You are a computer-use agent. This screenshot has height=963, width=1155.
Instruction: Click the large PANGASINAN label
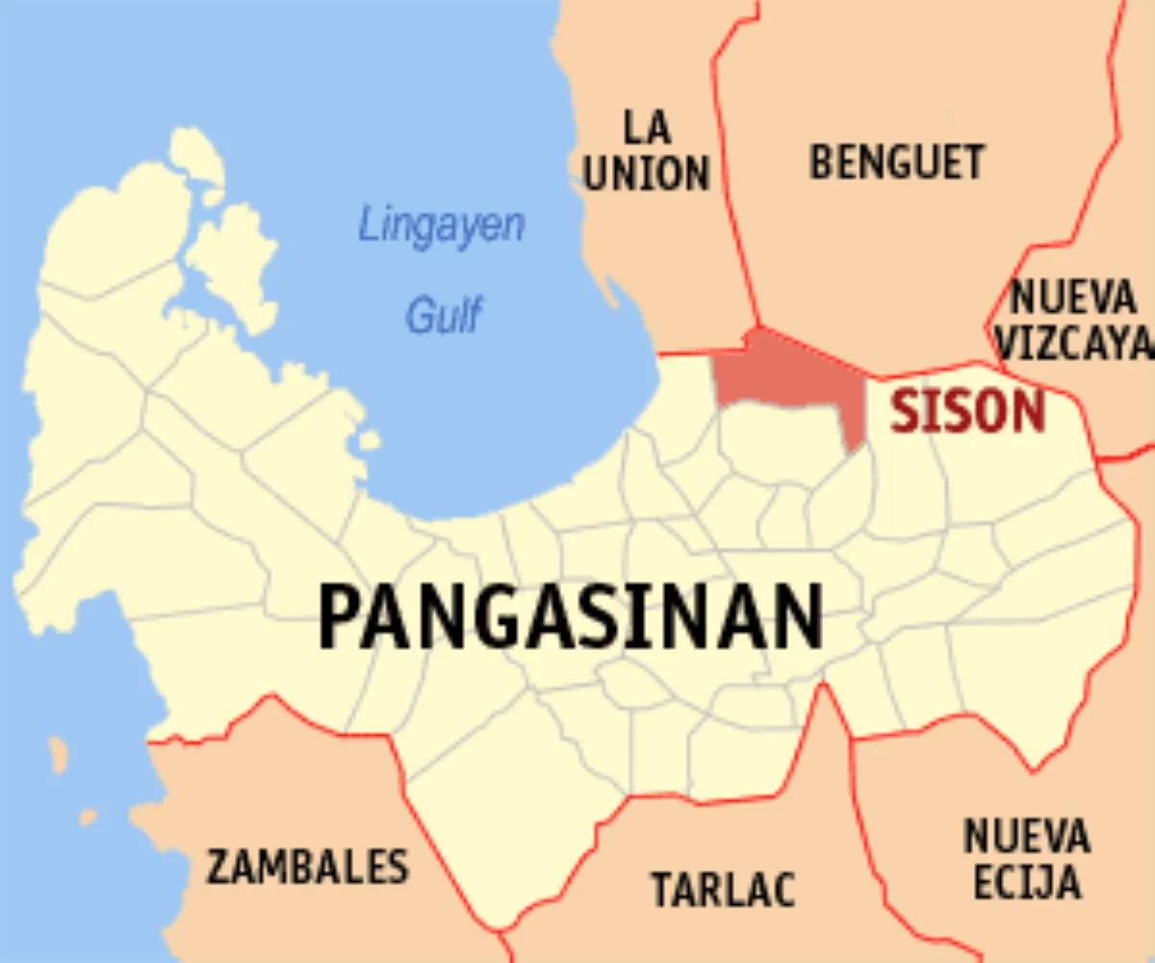(571, 617)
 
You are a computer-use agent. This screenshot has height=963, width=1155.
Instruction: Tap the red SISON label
(967, 411)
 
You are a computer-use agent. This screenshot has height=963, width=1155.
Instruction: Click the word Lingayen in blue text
(442, 225)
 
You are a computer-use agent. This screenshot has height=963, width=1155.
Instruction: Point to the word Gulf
(443, 315)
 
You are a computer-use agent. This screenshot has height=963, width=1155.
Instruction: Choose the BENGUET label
(897, 162)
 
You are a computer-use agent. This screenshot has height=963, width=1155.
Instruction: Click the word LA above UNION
(647, 126)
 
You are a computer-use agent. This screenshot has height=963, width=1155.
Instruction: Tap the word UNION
(647, 173)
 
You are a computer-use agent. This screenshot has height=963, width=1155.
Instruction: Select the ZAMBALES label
(307, 867)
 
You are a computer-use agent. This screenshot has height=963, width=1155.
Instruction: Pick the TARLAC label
(724, 888)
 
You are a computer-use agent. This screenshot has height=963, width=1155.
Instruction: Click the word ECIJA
(1027, 882)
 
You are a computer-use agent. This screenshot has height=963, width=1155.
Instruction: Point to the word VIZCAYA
(1073, 344)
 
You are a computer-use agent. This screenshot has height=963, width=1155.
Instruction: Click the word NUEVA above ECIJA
(1027, 835)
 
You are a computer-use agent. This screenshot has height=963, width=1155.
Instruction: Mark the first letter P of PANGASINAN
(340, 617)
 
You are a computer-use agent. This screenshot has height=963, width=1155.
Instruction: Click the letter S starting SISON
(904, 411)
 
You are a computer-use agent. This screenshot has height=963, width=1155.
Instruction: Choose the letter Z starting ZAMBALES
(219, 867)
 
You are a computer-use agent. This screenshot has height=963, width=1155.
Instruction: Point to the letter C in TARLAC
(783, 888)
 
